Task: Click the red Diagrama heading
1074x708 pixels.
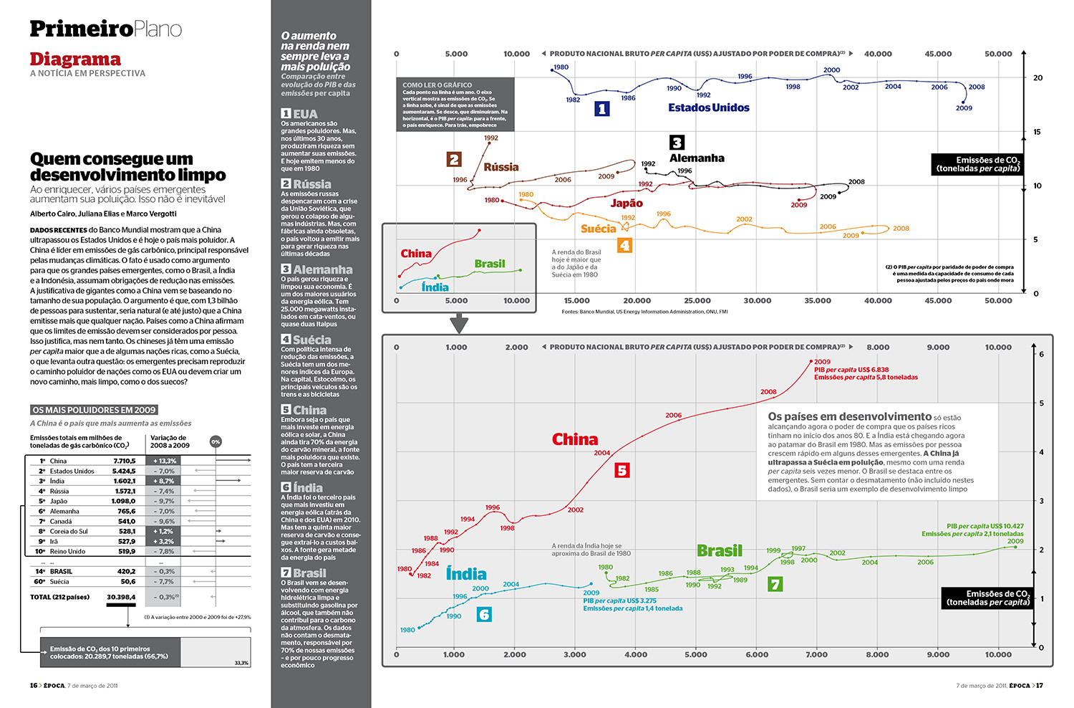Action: tap(75, 59)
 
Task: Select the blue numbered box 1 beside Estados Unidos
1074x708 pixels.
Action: tap(602, 108)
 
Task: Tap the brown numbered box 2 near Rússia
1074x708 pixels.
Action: tap(454, 159)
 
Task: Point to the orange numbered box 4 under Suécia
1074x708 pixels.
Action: tap(624, 246)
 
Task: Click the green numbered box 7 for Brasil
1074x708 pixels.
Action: tap(775, 584)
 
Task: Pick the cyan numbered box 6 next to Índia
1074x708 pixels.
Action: tap(484, 614)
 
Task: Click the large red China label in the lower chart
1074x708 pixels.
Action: tap(574, 439)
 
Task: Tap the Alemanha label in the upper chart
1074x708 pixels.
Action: tap(697, 158)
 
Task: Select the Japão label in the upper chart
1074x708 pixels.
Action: tap(626, 204)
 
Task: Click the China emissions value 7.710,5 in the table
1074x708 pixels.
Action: tap(124, 461)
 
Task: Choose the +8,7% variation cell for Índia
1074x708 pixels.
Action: tap(163, 481)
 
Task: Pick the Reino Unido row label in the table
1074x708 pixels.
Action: tap(67, 551)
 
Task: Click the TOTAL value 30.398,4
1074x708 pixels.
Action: tap(121, 597)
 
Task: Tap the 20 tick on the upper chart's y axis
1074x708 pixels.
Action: tap(1037, 78)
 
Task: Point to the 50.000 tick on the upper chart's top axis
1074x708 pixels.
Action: tap(998, 54)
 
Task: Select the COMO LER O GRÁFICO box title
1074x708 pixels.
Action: tap(437, 85)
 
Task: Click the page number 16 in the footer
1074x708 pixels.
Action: tap(34, 686)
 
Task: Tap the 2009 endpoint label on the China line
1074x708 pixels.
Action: tap(822, 362)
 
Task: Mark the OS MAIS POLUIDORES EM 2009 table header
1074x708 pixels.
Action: tap(94, 410)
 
